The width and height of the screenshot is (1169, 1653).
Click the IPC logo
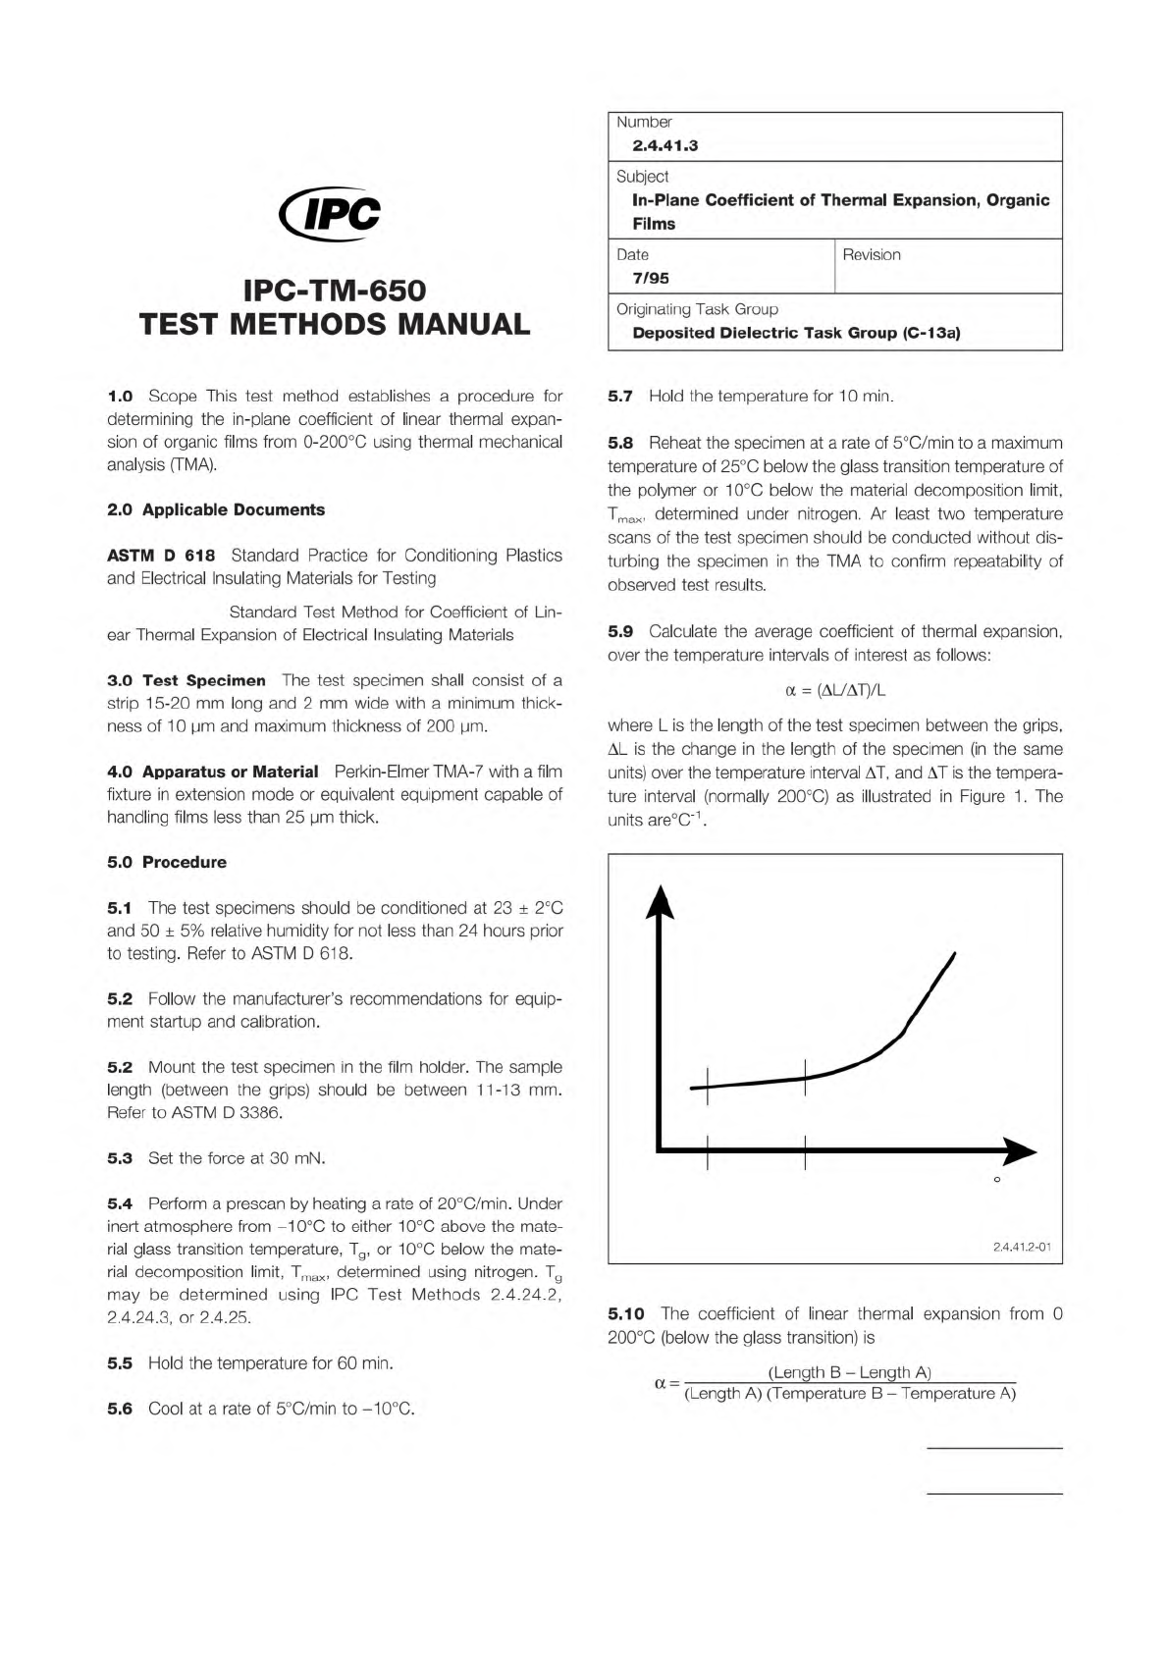[x=330, y=214]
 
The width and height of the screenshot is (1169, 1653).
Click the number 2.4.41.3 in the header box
[x=664, y=146]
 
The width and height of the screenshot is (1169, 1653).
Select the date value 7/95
[x=650, y=278]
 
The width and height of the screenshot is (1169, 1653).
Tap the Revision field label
[x=871, y=255]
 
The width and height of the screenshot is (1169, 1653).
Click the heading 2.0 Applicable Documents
[x=215, y=509]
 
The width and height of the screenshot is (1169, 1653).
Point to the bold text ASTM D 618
[x=161, y=556]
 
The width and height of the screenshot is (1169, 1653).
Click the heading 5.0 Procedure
[x=166, y=862]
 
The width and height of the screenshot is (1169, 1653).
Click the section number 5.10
[x=625, y=1313]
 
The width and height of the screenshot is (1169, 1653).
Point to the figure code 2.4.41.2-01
[x=1022, y=1247]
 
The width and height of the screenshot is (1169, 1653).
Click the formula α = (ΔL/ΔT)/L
[x=835, y=690]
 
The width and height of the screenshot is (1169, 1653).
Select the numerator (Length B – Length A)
[x=849, y=1372]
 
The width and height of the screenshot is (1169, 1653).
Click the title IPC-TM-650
[x=335, y=291]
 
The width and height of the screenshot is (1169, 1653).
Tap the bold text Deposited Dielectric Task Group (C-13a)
[x=796, y=333]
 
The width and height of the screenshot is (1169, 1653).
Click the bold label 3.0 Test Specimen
[x=186, y=680]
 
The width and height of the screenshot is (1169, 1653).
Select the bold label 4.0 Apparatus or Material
[x=212, y=772]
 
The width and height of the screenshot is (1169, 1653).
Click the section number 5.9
[x=620, y=631]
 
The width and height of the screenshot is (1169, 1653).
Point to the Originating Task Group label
[x=697, y=309]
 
